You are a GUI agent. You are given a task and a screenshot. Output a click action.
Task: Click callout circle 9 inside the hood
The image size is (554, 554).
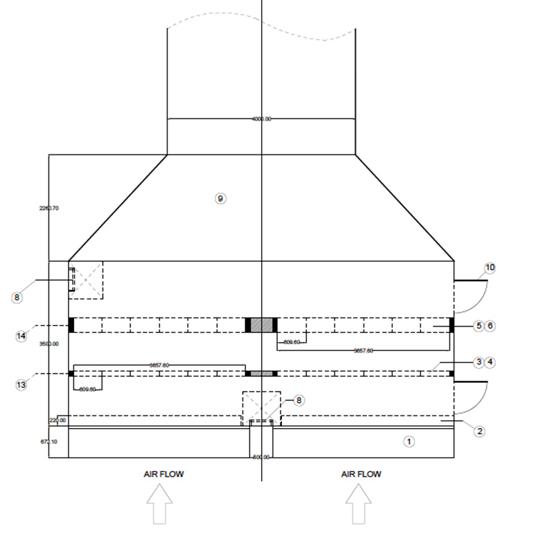[x=220, y=199]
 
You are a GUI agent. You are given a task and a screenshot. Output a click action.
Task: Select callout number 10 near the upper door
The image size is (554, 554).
[x=490, y=268]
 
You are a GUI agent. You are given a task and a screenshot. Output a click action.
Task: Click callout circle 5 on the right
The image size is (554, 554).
[x=479, y=325]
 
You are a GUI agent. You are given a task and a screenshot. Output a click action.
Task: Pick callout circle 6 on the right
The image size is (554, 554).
[x=490, y=325]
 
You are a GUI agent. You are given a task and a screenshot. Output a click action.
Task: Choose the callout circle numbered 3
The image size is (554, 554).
[x=479, y=361]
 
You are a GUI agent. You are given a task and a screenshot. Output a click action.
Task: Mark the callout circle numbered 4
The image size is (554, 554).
[x=490, y=361]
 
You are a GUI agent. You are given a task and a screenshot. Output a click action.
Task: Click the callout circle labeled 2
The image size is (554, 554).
[x=479, y=431]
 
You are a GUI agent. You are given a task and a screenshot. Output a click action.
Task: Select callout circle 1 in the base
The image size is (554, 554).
[x=409, y=440]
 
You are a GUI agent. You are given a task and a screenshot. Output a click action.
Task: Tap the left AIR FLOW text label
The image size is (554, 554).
[x=163, y=474]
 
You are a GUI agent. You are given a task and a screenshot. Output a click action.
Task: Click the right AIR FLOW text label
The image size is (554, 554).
[x=361, y=474]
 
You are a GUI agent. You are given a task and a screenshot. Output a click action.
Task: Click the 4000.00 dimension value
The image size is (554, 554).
[x=261, y=119]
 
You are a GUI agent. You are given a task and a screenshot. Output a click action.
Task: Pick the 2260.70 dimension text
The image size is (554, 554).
[x=48, y=207]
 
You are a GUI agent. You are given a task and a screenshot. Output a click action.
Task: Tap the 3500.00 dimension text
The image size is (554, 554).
[x=50, y=343]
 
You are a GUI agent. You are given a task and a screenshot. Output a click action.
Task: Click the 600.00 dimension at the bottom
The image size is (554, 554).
[x=260, y=457]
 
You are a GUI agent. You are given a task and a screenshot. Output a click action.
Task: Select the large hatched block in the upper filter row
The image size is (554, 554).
[x=261, y=325]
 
